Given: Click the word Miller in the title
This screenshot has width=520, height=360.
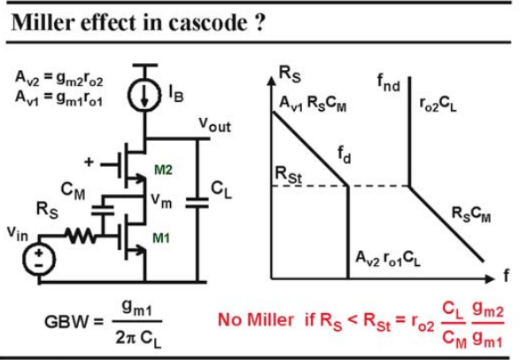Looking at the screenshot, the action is point(43,22).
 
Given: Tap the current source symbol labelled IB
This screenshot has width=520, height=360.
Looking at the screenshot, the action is point(144,95).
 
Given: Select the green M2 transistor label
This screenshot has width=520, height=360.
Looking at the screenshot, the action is point(164,170).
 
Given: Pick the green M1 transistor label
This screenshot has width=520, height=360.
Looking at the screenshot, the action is point(161,238).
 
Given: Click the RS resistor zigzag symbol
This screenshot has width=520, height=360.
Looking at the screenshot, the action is point(81,236).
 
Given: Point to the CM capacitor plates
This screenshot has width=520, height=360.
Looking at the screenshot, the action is point(103,210).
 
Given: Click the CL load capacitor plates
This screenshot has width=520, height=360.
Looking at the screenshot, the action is point(197,203).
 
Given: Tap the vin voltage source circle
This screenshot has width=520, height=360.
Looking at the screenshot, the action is point(39,259).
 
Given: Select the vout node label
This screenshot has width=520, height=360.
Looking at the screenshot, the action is point(214,125).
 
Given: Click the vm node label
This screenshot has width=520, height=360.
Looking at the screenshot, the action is point(161,200).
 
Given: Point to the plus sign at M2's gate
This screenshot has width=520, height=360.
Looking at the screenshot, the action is point(89,162).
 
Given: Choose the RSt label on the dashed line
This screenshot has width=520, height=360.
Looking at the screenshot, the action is point(289,175).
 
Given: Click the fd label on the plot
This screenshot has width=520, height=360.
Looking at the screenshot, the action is point(345,154).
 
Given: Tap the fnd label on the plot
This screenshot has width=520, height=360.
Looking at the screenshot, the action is point(389,82).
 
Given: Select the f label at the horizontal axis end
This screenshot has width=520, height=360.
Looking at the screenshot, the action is point(506,275).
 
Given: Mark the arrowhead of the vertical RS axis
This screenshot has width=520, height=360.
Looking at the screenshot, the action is point(271,81).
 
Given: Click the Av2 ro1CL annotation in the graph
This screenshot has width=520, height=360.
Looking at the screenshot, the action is point(388,258).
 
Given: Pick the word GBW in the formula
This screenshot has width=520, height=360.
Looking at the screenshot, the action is point(67,322).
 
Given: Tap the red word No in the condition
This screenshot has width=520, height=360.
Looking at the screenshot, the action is point(230,320).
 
